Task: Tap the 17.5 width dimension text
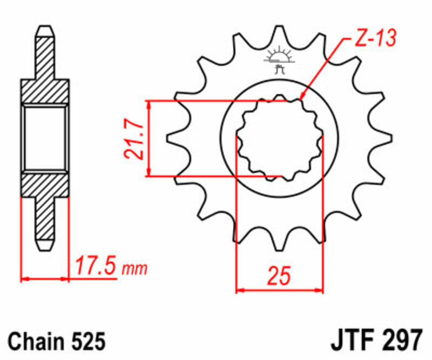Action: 97,266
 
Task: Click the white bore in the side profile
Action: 45,137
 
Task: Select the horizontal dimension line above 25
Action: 279,290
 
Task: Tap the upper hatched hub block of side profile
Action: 45,92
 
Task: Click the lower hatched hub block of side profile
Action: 45,184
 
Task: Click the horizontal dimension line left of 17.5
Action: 45,279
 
